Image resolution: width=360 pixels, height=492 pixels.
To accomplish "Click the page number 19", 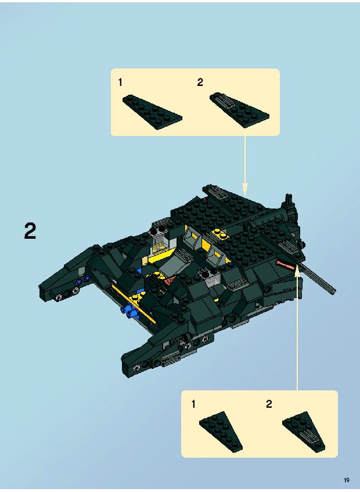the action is (x=347, y=480).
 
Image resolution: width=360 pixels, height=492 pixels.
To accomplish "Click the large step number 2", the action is (x=30, y=232).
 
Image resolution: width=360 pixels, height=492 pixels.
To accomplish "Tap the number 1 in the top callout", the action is (x=120, y=82).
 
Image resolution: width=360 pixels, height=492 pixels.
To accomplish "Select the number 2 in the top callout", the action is (x=200, y=82).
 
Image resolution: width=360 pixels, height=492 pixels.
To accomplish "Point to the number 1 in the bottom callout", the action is (x=193, y=404).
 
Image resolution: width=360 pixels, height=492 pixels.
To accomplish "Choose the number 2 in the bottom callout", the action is (x=269, y=404).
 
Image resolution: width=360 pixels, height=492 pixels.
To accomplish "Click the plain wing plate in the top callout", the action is (x=152, y=112).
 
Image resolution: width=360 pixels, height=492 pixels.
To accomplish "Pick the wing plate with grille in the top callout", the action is (x=239, y=110).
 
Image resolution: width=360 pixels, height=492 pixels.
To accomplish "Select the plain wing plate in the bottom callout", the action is (x=221, y=432).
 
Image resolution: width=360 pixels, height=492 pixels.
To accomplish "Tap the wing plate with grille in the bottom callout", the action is (x=304, y=432).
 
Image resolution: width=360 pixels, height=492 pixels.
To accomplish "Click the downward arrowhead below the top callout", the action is (x=245, y=189).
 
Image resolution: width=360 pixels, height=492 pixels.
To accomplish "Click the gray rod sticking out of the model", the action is (x=318, y=279).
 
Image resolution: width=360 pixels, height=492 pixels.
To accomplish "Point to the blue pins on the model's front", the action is (x=130, y=311).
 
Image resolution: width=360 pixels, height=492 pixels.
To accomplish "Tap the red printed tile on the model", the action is (x=285, y=264).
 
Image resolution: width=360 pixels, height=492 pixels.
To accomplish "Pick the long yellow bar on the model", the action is (x=134, y=304).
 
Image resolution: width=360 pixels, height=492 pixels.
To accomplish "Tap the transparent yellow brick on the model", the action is (x=160, y=243).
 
